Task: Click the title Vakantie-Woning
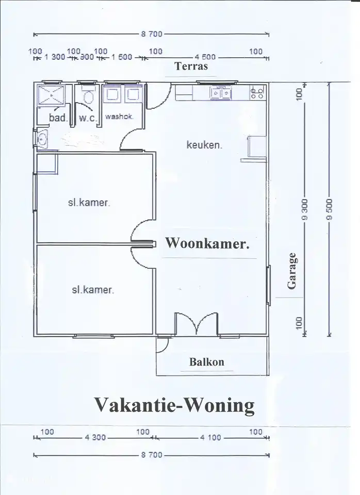click(174, 405)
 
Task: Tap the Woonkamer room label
click(207, 244)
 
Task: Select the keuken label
click(204, 145)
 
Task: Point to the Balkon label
click(207, 362)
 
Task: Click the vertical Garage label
click(292, 271)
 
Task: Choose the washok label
click(119, 117)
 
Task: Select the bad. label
click(58, 118)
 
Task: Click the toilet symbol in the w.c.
click(87, 97)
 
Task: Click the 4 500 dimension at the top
click(205, 57)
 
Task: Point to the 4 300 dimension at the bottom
click(95, 438)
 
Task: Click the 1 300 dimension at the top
click(55, 57)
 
